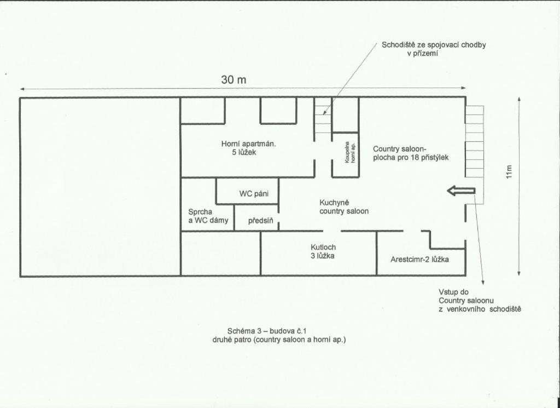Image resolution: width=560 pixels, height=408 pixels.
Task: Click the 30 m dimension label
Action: pos(234,79)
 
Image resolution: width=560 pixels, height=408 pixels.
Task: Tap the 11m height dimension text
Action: pos(509,171)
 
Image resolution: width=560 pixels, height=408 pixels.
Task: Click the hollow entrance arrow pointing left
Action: pos(461,191)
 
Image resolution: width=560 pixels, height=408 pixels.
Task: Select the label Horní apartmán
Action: pos(249,144)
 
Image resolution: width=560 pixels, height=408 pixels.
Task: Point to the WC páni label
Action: pos(254,194)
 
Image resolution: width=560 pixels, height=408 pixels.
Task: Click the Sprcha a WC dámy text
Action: pos(208,216)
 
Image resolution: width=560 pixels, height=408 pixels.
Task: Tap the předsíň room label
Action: pos(261,221)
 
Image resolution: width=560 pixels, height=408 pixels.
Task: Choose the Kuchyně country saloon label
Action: pos(344,206)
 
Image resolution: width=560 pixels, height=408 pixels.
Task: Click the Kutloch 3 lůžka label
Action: pos(323,251)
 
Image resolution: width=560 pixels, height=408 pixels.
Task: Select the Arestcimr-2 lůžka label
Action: pos(419,260)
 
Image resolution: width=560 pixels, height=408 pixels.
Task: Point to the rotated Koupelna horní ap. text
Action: pos(349,152)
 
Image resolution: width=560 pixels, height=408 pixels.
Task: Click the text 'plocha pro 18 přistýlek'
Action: pos(411,157)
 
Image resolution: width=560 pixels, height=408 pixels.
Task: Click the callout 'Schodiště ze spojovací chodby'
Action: pos(434,45)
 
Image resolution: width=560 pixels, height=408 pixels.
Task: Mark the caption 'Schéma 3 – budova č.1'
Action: pos(267,331)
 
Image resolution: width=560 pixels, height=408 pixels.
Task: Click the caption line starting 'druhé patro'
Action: pos(279,340)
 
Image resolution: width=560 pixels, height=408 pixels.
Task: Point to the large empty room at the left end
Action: pos(100,186)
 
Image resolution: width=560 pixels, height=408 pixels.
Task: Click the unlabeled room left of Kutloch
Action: pos(221,254)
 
